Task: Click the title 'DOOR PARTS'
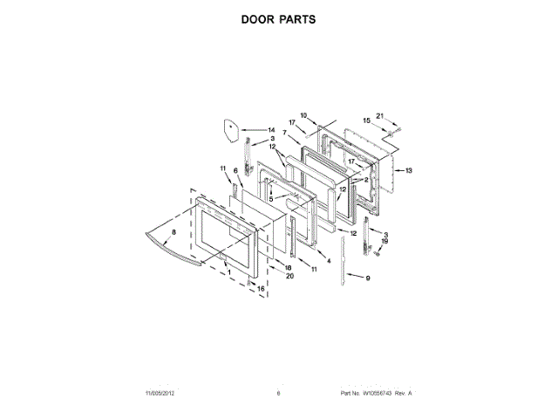click(x=278, y=17)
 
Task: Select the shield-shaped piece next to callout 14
click(x=230, y=127)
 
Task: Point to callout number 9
click(x=367, y=278)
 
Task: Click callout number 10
click(x=304, y=115)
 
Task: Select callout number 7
click(x=284, y=132)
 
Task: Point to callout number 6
click(x=235, y=171)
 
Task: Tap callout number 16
click(x=260, y=288)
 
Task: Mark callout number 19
click(x=384, y=241)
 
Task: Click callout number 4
click(x=329, y=260)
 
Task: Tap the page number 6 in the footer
click(x=278, y=394)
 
